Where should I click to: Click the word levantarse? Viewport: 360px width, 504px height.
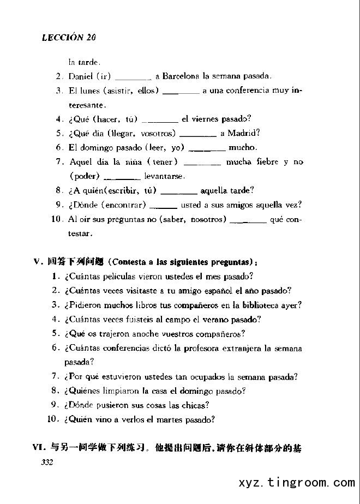pyautogui.click(x=164, y=176)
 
